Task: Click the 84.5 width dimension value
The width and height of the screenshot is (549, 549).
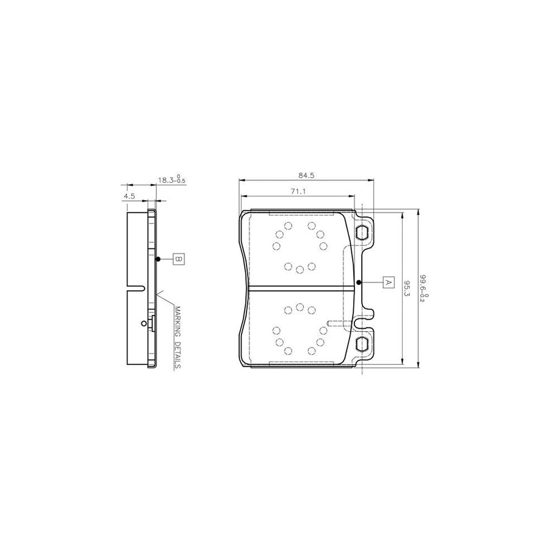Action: click(x=307, y=176)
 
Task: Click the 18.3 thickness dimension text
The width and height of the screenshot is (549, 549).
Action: click(x=171, y=181)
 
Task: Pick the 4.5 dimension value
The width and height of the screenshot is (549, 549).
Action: click(x=129, y=196)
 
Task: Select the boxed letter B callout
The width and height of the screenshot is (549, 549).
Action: click(x=179, y=259)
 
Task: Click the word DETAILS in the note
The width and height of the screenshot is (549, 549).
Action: click(x=177, y=355)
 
